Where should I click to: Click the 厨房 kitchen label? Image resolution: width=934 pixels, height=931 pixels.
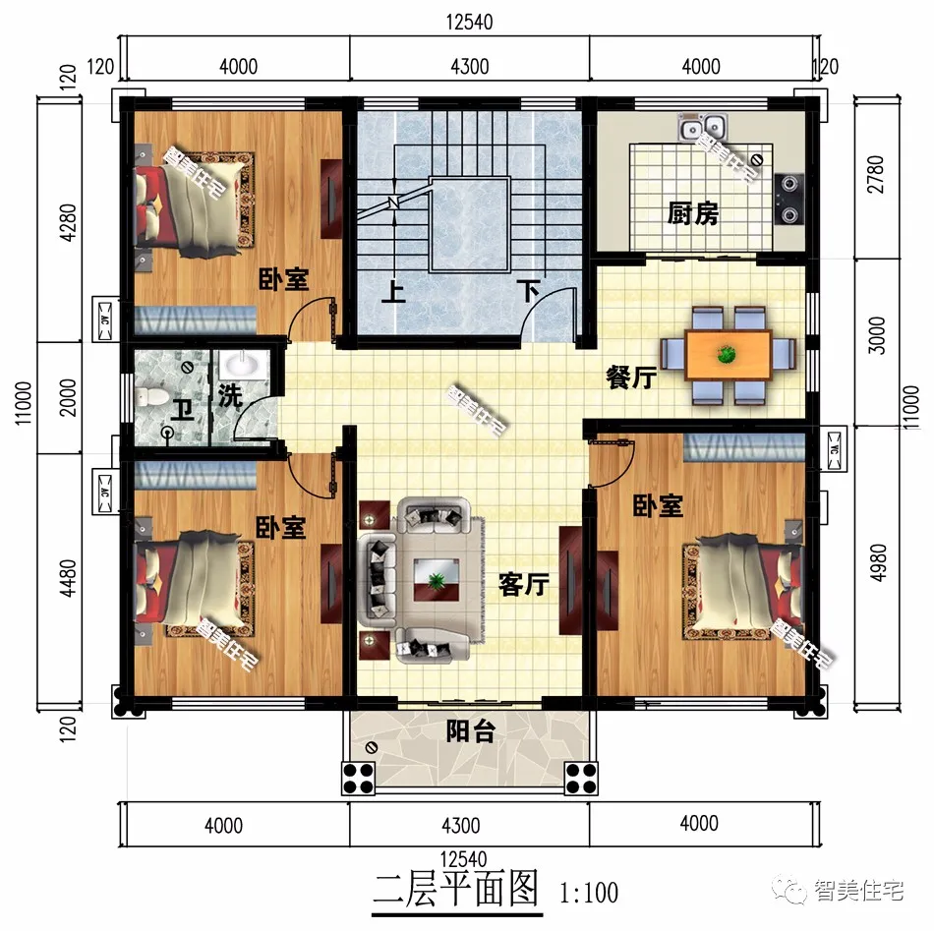[x=692, y=213]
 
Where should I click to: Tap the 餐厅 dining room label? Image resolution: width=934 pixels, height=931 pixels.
[x=631, y=378]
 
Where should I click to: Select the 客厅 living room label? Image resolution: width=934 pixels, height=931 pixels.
[x=524, y=585]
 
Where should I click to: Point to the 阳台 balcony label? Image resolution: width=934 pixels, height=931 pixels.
[x=471, y=730]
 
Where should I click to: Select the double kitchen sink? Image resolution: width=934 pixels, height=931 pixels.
[x=702, y=127]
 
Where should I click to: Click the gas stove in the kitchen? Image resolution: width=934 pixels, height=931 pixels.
[x=789, y=199]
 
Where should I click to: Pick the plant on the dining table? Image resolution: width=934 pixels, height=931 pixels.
[x=727, y=355]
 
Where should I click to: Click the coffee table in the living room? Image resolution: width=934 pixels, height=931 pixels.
[x=436, y=580]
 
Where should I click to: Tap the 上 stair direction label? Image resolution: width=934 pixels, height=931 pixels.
[x=393, y=292]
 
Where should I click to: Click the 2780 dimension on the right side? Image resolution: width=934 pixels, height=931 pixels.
[x=876, y=175]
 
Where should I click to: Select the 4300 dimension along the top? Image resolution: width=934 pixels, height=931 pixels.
[x=469, y=67]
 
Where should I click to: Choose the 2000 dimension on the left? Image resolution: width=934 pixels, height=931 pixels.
[x=68, y=397]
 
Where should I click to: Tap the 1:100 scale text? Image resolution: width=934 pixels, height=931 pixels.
[x=589, y=893]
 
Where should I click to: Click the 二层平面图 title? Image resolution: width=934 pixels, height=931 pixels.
[x=456, y=889]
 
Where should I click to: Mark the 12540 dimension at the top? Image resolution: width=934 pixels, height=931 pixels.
[x=469, y=22]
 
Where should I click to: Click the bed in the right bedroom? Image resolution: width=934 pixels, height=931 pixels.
[x=744, y=587]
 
